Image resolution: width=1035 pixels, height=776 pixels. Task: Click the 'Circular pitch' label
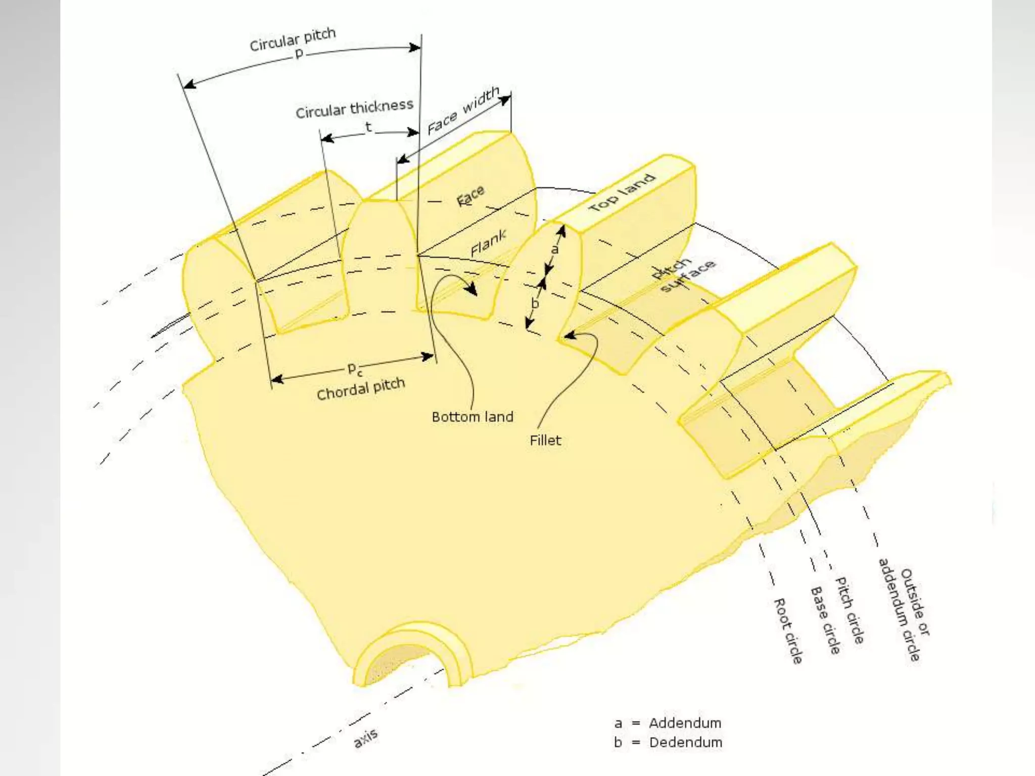pos(293,39)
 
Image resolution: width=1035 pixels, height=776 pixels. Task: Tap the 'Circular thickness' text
pos(354,109)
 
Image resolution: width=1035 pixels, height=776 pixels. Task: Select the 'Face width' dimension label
pos(463,111)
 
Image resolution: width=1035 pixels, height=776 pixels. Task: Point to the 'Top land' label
pos(622,192)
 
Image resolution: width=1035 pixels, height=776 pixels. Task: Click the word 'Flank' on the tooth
pos(488,243)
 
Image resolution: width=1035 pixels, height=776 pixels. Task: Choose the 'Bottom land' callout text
pos(472,417)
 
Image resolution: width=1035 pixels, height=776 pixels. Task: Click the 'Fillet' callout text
pos(545,441)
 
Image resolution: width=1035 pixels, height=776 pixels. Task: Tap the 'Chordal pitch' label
pos(361,389)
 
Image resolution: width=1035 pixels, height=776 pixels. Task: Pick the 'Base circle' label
pos(825,620)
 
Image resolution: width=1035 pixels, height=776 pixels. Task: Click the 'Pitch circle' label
pos(849,610)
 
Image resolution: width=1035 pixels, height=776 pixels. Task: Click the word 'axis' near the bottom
pos(365,738)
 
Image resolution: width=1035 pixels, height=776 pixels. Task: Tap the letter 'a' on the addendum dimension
pos(555,249)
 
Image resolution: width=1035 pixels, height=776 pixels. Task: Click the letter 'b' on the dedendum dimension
pos(535,303)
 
